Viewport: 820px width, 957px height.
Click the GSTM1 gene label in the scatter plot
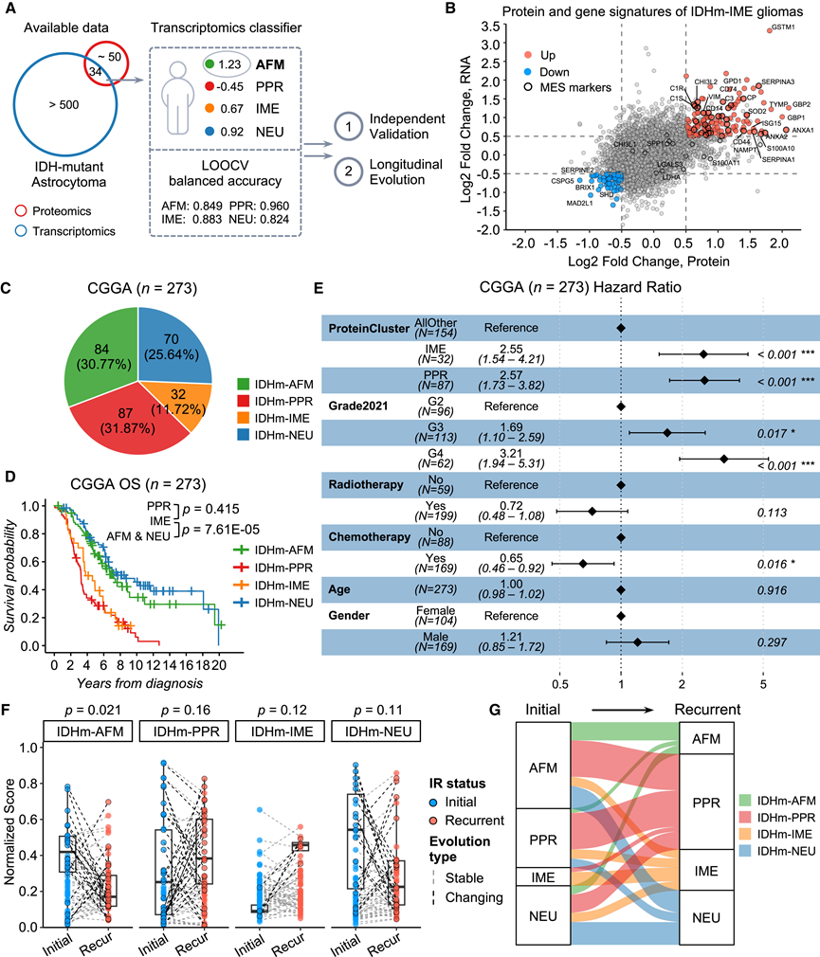tap(780, 28)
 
